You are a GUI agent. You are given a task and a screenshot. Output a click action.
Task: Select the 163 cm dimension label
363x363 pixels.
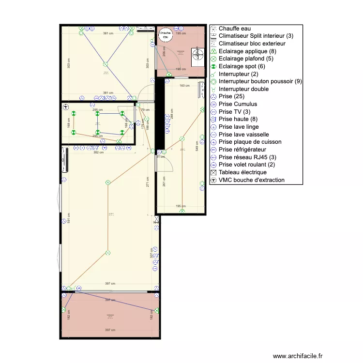[184, 86]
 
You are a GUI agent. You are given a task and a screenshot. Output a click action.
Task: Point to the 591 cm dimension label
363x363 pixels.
[68, 218]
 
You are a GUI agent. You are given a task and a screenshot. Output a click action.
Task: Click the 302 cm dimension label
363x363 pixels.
[99, 152]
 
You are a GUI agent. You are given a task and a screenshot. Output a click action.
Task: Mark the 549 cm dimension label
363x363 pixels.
[197, 146]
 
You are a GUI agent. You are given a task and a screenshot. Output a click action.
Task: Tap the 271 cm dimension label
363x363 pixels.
[148, 182]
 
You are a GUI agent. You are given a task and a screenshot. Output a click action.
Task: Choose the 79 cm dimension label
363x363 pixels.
[146, 110]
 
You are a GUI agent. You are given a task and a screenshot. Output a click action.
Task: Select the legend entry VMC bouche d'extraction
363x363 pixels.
[251, 180]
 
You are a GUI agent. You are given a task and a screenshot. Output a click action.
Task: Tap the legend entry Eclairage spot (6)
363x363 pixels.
[242, 66]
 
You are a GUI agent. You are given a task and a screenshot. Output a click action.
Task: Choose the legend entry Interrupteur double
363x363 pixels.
[243, 89]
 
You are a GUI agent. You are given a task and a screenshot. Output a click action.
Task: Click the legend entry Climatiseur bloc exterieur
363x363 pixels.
[252, 44]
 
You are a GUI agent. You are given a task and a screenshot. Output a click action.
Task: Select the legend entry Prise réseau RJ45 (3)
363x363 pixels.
[247, 157]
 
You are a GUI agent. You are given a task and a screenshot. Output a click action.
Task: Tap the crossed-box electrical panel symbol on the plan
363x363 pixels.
[157, 219]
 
